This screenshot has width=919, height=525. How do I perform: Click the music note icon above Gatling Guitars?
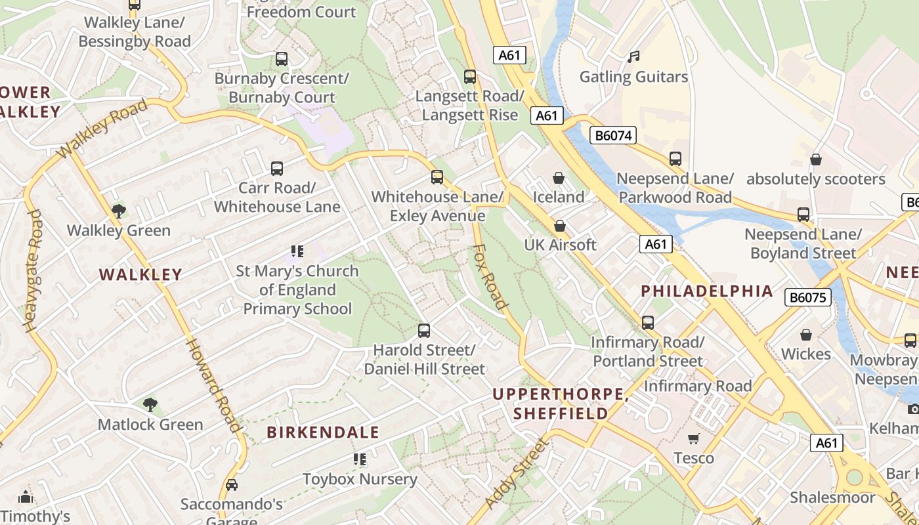coord(633,57)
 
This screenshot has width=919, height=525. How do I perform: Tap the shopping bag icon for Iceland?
coord(559,178)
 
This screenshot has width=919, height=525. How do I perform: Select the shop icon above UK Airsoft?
coord(560,226)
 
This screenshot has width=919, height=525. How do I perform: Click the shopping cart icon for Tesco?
coord(694,438)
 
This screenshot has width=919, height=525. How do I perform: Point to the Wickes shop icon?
coord(806,335)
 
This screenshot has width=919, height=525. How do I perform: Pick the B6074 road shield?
coord(613,136)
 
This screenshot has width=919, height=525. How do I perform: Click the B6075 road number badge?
coord(807,297)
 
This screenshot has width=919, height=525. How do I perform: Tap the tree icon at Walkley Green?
coord(119,211)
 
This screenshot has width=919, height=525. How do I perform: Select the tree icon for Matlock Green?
coord(150,404)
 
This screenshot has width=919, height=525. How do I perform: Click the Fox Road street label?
coord(490,276)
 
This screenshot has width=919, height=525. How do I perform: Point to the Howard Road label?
coord(213,385)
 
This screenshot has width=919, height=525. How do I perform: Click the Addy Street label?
coord(517,473)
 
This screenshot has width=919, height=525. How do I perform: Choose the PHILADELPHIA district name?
coord(706,291)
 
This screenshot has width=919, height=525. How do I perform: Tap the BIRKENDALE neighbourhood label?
coord(323,432)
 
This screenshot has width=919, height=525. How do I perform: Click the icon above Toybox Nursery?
coord(359,459)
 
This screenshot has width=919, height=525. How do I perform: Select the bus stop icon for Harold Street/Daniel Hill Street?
coord(424,330)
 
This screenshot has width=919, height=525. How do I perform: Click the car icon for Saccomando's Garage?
coord(231,485)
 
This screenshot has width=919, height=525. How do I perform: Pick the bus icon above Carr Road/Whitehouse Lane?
coord(277,168)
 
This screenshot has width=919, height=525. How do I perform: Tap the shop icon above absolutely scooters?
coord(815,159)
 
